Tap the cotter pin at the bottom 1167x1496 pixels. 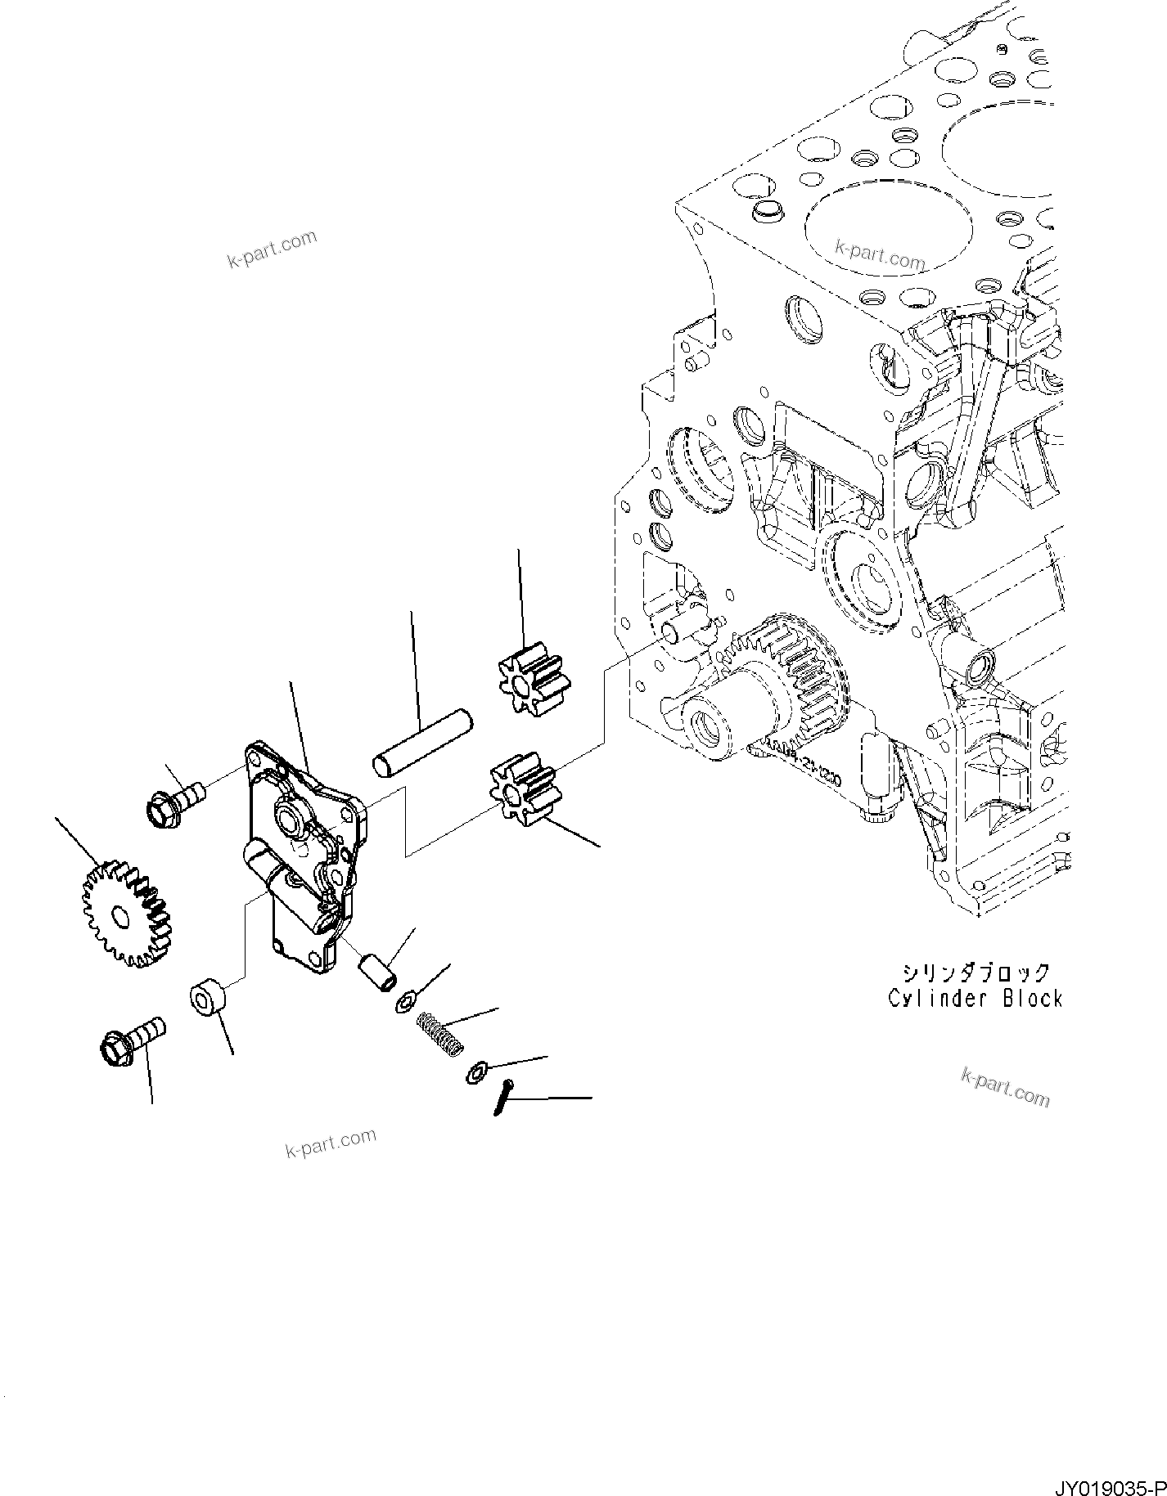pos(503,1096)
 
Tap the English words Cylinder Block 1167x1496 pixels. pos(976,999)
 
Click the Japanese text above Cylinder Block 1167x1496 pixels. pos(976,973)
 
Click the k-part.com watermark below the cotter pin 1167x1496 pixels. pos(330,1143)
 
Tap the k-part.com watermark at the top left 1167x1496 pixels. pos(271,249)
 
